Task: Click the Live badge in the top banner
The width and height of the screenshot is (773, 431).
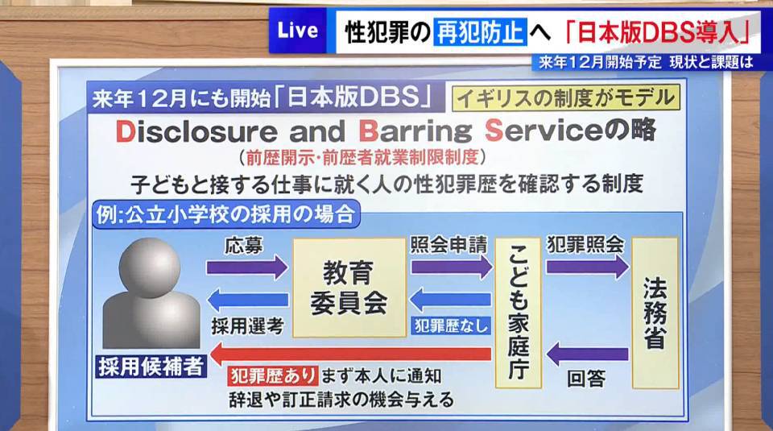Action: tap(298, 31)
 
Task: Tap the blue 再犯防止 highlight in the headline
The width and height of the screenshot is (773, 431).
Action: tap(480, 31)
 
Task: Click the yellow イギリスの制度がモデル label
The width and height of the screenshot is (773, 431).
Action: tap(566, 98)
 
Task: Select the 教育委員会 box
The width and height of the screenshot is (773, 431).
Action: tap(349, 287)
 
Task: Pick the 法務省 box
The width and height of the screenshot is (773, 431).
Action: tap(655, 313)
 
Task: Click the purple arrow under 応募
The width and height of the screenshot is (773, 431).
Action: tap(246, 267)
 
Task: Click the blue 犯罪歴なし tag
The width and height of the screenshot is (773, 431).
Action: tap(450, 325)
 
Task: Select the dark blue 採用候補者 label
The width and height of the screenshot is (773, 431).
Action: tap(151, 365)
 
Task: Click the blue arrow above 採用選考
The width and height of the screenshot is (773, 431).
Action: tap(246, 301)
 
